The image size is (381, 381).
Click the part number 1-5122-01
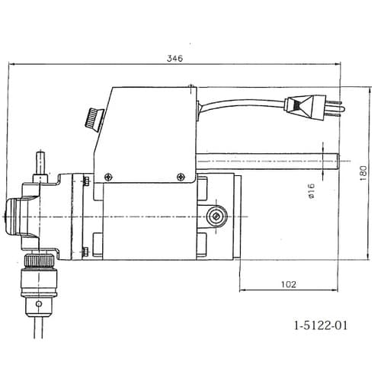[321, 325]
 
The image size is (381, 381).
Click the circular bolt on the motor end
[218, 218]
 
